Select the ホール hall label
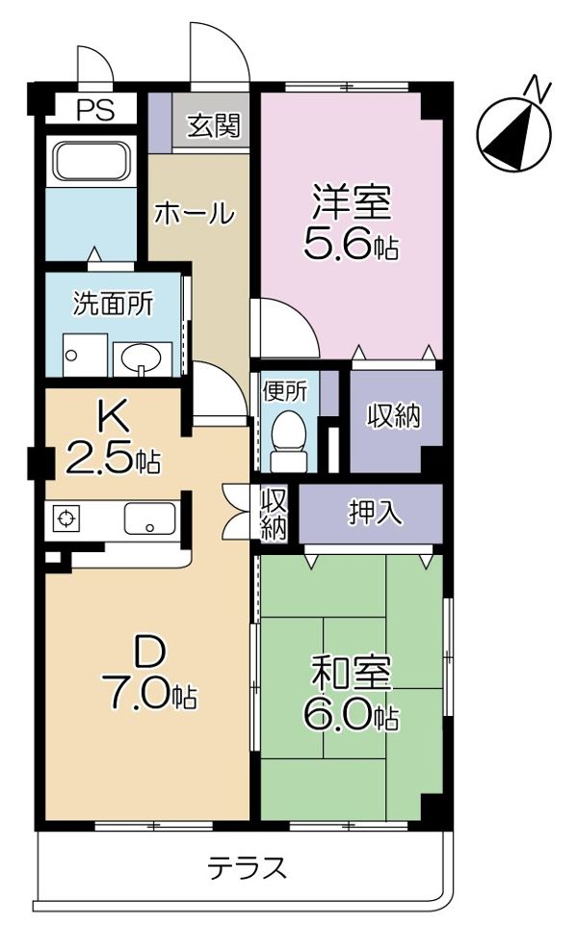click(x=194, y=213)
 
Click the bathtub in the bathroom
click(x=91, y=160)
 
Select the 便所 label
click(x=285, y=391)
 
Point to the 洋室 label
click(x=351, y=201)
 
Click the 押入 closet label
click(x=370, y=513)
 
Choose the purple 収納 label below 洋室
click(x=394, y=416)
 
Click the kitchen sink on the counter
click(x=148, y=520)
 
